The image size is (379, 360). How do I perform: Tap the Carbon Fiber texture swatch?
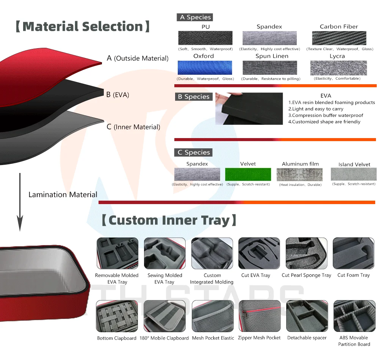(x=339, y=38)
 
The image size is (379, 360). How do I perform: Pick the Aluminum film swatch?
(x=300, y=174)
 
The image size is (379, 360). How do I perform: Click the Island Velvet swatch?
(x=354, y=174)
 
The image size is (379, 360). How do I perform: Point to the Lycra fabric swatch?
(x=338, y=68)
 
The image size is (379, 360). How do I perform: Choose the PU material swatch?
(x=205, y=38)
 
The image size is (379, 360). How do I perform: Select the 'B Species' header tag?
(x=193, y=97)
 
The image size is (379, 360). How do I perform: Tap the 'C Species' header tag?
(x=193, y=152)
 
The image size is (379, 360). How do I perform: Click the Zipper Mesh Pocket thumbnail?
(x=259, y=316)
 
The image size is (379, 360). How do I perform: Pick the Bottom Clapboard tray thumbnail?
(x=117, y=316)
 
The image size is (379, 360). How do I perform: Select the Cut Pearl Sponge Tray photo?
(x=306, y=253)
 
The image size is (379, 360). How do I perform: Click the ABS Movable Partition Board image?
(x=353, y=316)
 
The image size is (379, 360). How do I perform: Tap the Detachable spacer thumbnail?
(x=306, y=316)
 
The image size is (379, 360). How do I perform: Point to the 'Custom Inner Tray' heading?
(x=169, y=220)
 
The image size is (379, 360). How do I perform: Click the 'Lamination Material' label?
(x=63, y=195)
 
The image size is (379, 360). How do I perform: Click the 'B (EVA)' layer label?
(x=117, y=95)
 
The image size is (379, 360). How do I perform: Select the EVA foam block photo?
(x=249, y=108)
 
